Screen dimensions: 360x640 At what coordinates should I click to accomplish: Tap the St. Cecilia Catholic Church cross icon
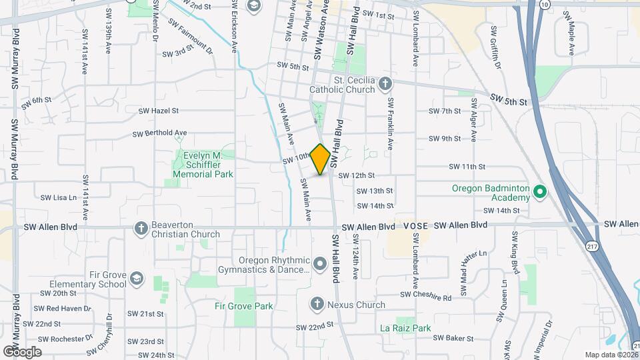(x=385, y=84)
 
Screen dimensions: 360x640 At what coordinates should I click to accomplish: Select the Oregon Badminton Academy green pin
(x=540, y=193)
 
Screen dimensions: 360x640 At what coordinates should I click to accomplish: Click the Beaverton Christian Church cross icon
(x=141, y=229)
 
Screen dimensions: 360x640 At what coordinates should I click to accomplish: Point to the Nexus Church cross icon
(x=317, y=305)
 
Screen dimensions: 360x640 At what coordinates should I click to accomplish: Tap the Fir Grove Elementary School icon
(x=137, y=278)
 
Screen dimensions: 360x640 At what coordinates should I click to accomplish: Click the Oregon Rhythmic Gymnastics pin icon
(x=320, y=265)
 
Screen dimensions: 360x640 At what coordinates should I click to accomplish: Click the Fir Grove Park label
(x=244, y=307)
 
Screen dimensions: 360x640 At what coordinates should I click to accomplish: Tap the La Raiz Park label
(x=405, y=328)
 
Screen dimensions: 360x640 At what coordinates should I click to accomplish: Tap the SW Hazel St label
(x=159, y=111)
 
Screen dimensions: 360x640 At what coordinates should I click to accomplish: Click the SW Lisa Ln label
(x=59, y=197)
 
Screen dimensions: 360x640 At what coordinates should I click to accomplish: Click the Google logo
(x=21, y=351)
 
